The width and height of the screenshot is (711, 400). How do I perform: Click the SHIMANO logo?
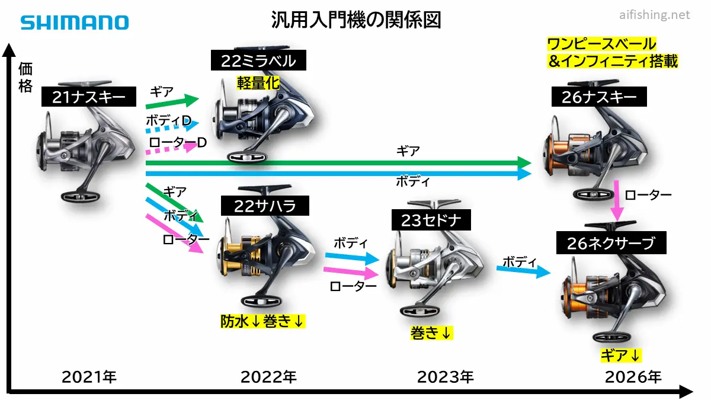[75, 23]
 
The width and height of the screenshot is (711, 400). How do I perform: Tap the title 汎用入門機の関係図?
[356, 20]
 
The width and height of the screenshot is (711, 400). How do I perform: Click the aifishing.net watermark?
[655, 15]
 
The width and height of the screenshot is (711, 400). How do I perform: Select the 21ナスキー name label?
[89, 97]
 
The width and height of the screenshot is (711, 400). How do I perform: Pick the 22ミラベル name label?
[258, 60]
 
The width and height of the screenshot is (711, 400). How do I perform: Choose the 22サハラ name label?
[265, 206]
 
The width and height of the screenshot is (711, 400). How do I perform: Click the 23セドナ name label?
[431, 220]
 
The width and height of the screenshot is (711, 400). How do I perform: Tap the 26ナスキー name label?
[599, 97]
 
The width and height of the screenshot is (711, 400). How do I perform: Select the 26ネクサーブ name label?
[611, 243]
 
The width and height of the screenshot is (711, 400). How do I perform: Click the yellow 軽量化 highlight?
[258, 83]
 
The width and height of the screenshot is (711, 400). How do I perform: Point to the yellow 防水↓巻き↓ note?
[262, 321]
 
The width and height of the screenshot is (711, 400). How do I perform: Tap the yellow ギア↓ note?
[621, 355]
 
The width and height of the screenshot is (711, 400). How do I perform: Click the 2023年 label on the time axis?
[445, 377]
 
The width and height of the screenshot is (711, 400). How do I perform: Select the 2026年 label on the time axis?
[633, 377]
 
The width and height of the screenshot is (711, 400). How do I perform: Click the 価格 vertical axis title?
[25, 78]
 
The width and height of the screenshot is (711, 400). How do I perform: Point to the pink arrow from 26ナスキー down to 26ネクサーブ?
[617, 201]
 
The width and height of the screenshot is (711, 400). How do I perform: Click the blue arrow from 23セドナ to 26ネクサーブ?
[523, 270]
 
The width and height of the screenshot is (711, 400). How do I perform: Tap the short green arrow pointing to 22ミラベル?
[172, 101]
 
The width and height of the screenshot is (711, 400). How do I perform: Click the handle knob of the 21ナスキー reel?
[81, 197]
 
